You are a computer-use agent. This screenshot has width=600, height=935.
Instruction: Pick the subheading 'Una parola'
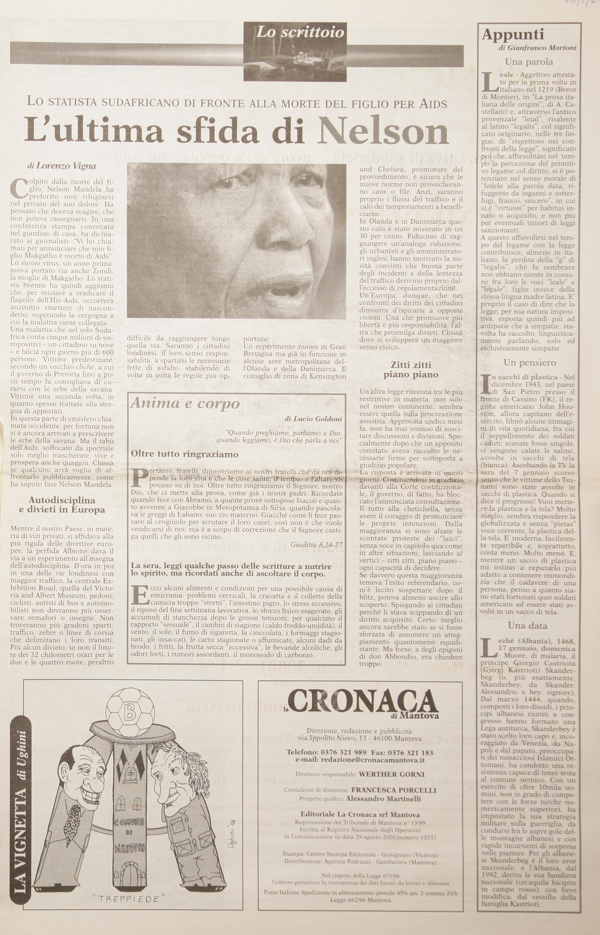pos(529,62)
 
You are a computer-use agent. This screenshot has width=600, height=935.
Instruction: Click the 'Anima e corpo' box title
pos(185,403)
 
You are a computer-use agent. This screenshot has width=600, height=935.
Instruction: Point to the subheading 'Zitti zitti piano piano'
pos(411,370)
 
